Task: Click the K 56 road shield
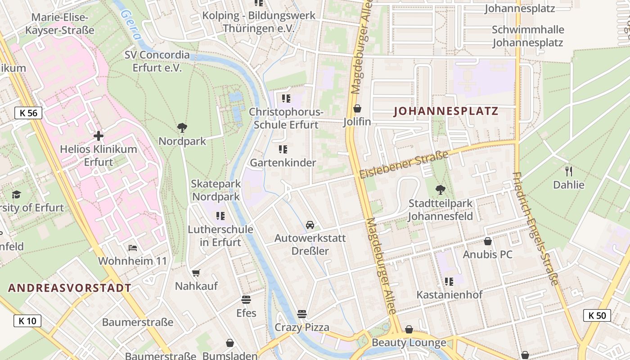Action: [x=28, y=112]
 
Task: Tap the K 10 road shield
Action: [x=27, y=321]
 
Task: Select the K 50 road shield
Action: [x=597, y=315]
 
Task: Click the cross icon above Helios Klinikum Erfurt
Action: [x=98, y=135]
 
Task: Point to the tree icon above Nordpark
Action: [x=182, y=128]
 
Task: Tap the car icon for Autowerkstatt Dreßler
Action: [x=310, y=225]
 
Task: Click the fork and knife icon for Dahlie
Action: [x=569, y=171]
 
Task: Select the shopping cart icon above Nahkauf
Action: [x=196, y=273]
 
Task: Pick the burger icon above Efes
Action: [x=246, y=299]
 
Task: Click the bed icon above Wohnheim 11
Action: [x=132, y=247]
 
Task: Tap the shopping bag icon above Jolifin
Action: [x=357, y=108]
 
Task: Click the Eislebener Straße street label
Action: [x=404, y=164]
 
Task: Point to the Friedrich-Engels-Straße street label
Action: [x=535, y=229]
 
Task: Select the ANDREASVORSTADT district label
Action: [x=70, y=288]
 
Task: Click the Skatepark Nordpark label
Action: [x=216, y=190]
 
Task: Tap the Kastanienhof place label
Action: [x=450, y=295]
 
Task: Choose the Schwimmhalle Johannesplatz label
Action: [x=528, y=36]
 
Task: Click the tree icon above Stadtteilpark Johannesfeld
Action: [x=441, y=190]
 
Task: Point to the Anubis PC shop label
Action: [x=488, y=255]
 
